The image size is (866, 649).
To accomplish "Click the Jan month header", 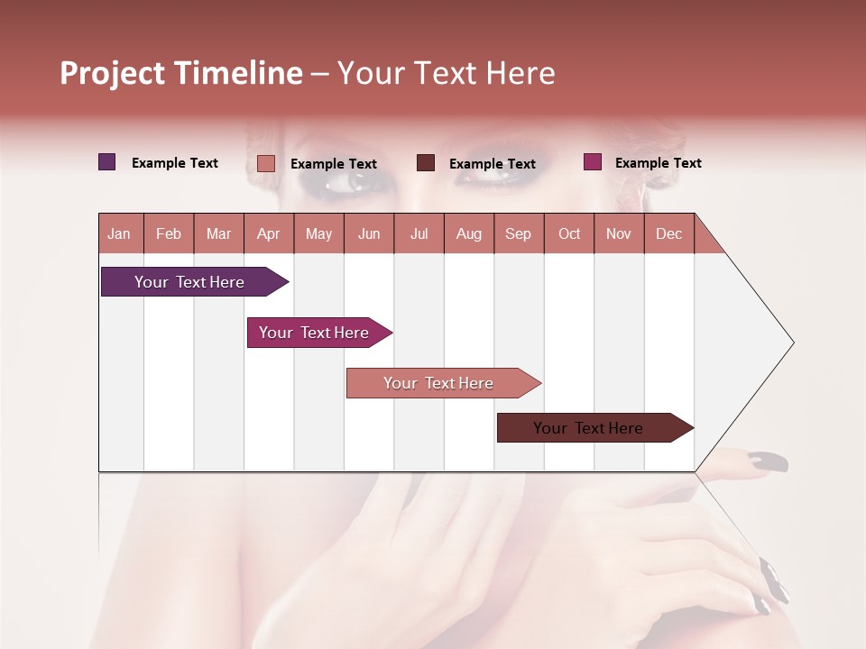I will (x=120, y=233).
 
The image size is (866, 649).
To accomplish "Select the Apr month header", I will (x=269, y=233).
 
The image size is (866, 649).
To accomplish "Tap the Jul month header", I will (x=419, y=233).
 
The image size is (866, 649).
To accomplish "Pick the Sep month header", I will (x=519, y=233).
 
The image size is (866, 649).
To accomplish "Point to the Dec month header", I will (x=668, y=233).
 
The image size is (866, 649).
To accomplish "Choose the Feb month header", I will (x=169, y=233).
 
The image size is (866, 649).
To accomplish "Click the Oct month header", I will (x=569, y=233).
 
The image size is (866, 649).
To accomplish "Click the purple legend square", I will (x=107, y=162).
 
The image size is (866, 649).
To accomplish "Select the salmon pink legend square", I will (x=266, y=163).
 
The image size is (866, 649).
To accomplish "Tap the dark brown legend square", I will (x=426, y=163).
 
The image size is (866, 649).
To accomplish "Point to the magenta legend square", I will (x=593, y=162).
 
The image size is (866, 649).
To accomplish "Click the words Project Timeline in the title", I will (x=181, y=73).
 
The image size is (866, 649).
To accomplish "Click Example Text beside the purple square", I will (x=175, y=163).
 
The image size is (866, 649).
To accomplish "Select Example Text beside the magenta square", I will (x=659, y=163).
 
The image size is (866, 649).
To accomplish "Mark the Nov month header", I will (x=619, y=233).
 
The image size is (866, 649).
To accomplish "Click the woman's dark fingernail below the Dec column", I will (x=768, y=462).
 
